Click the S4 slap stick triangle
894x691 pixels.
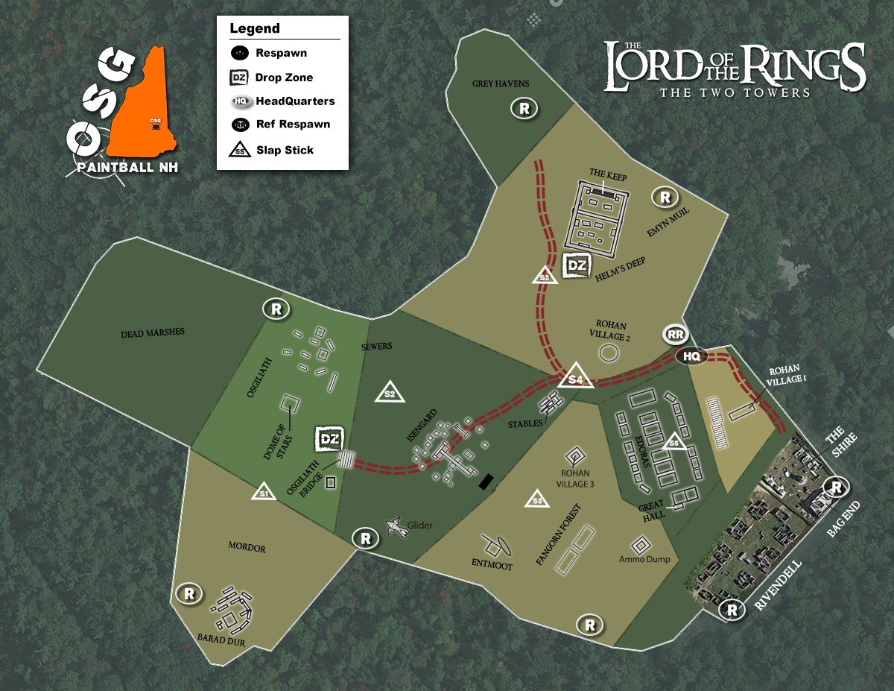pyautogui.click(x=575, y=377)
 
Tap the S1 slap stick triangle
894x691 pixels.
pyautogui.click(x=262, y=492)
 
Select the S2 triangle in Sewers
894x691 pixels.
pyautogui.click(x=389, y=392)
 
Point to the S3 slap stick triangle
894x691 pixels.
pyautogui.click(x=545, y=276)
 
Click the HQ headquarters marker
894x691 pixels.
pyautogui.click(x=692, y=357)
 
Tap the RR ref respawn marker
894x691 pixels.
pyautogui.click(x=676, y=335)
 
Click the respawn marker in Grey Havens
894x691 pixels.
pyautogui.click(x=525, y=109)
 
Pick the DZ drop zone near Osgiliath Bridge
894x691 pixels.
pyautogui.click(x=329, y=440)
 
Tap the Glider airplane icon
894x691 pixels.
pyautogui.click(x=398, y=527)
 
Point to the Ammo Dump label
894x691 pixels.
pyautogui.click(x=644, y=559)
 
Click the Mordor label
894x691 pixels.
pyautogui.click(x=247, y=548)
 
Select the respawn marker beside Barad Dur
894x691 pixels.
pyautogui.click(x=188, y=594)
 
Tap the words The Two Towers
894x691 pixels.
pyautogui.click(x=734, y=92)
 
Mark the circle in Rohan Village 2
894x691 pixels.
pyautogui.click(x=609, y=353)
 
